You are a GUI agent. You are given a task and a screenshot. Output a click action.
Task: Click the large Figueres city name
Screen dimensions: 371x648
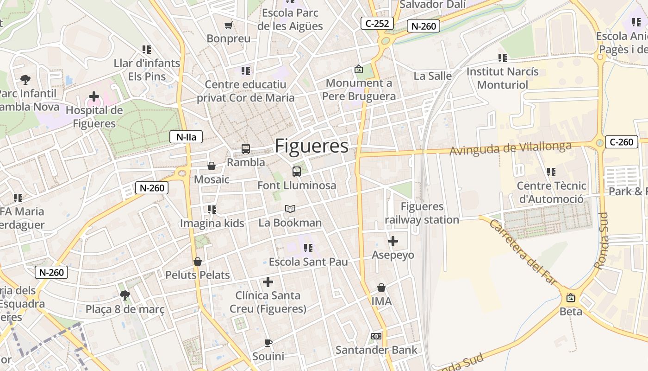pos(312,146)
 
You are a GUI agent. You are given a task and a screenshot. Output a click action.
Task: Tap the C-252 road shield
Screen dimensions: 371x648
pos(377,23)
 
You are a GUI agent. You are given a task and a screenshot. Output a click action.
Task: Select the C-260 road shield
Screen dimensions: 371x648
pos(621,142)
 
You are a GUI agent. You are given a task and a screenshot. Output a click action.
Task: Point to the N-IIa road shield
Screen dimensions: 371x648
pos(186,137)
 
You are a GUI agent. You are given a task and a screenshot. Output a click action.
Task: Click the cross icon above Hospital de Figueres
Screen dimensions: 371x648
pos(94,96)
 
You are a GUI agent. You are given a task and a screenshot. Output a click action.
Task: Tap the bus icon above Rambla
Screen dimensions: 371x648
pos(246,149)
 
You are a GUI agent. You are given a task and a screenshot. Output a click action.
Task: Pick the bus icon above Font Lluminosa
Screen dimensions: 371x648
pos(297,172)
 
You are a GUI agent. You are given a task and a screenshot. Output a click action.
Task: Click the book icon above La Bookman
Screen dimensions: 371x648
pos(290,209)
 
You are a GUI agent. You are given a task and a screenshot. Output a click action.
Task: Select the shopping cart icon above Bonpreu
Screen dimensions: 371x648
pos(228,25)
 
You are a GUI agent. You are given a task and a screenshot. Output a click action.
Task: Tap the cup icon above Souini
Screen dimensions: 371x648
pos(268,343)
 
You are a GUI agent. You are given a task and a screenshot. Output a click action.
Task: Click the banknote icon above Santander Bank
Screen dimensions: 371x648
pos(376,336)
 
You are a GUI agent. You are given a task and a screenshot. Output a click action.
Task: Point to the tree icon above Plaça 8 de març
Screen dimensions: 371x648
pos(125,295)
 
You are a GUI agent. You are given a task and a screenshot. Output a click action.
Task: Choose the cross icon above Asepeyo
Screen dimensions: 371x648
pos(393,241)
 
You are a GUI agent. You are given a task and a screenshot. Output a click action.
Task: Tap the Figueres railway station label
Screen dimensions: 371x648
pos(422,213)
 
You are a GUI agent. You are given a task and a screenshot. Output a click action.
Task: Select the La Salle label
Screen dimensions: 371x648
pos(433,76)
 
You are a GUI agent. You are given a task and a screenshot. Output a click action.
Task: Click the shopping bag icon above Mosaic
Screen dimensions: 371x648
pos(212,166)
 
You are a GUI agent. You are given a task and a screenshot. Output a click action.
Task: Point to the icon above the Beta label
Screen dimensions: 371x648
pos(571,298)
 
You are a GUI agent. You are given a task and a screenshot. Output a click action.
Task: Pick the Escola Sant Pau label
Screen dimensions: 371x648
pos(308,262)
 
